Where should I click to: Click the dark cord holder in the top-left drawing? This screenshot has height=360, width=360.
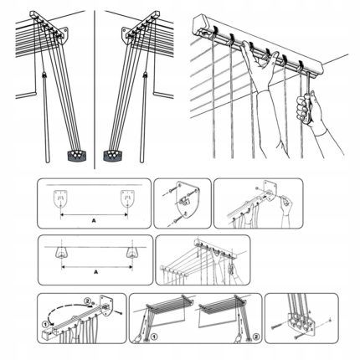click(75, 154)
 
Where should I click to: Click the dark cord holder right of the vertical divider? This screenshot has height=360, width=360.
click(111, 155)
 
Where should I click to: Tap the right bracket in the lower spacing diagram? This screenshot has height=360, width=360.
click(131, 252)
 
